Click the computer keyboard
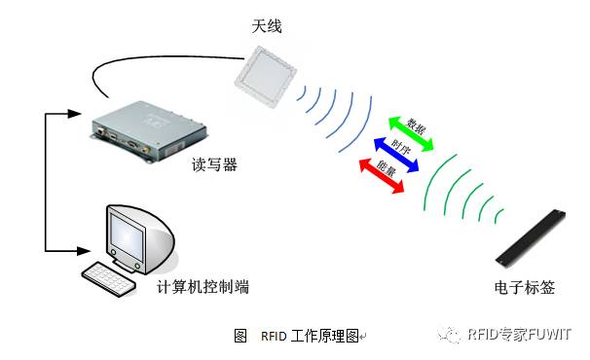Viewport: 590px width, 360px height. (x=109, y=278)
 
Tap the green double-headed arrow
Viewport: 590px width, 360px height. (x=411, y=132)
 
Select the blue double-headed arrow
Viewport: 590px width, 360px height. (x=396, y=156)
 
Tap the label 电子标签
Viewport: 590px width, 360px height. (x=524, y=288)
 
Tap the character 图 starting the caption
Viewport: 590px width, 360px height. (x=240, y=336)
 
